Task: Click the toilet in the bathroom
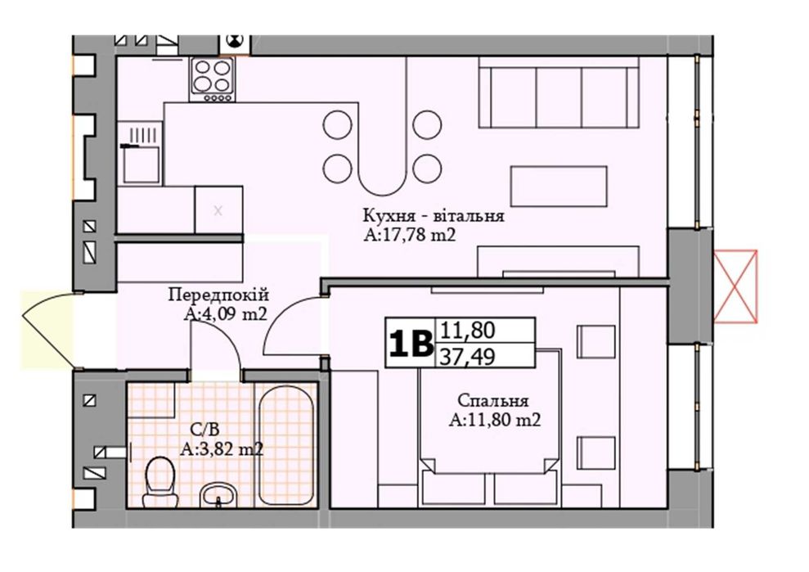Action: [x=160, y=482]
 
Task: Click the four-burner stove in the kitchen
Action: [x=212, y=80]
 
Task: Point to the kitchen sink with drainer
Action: [x=140, y=153]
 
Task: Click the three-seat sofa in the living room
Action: [x=559, y=92]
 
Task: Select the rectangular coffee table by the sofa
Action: [x=559, y=187]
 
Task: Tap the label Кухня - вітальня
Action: [x=434, y=215]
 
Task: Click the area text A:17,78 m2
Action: [x=410, y=236]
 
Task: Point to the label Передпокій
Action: [x=218, y=295]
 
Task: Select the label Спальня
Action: [x=492, y=401]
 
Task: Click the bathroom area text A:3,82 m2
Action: [x=222, y=449]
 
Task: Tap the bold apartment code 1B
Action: [x=410, y=344]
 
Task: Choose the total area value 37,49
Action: [x=466, y=356]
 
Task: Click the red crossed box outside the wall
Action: [x=735, y=286]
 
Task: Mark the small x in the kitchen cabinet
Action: [x=218, y=210]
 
